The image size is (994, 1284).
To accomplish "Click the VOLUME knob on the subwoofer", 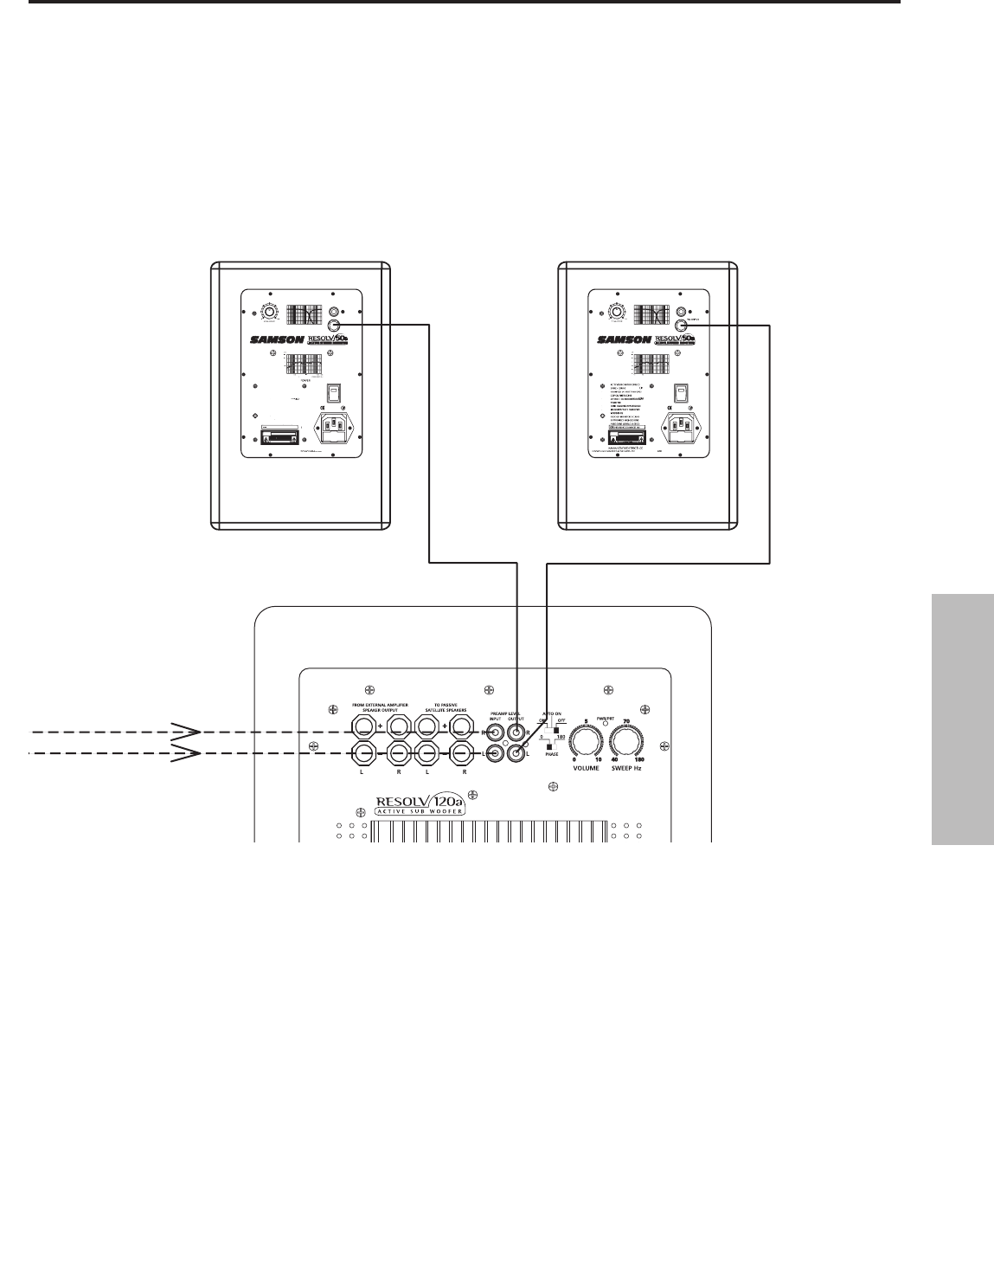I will coord(586,741).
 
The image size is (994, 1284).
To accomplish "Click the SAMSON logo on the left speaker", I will coord(276,339).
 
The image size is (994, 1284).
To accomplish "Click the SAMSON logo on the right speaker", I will coord(623,339).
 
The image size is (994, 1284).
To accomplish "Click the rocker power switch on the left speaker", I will coord(333,394).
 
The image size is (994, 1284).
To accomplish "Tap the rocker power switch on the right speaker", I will coord(680,394).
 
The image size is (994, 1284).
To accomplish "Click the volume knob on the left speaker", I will coord(270,313).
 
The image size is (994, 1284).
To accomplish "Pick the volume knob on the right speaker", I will coord(617,313).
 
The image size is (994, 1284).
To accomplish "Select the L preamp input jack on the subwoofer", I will coord(497,754).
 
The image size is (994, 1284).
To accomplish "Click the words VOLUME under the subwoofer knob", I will coord(586,768).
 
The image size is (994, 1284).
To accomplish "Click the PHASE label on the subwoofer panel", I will coord(551,754).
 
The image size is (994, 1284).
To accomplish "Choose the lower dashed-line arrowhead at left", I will coord(186,753).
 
